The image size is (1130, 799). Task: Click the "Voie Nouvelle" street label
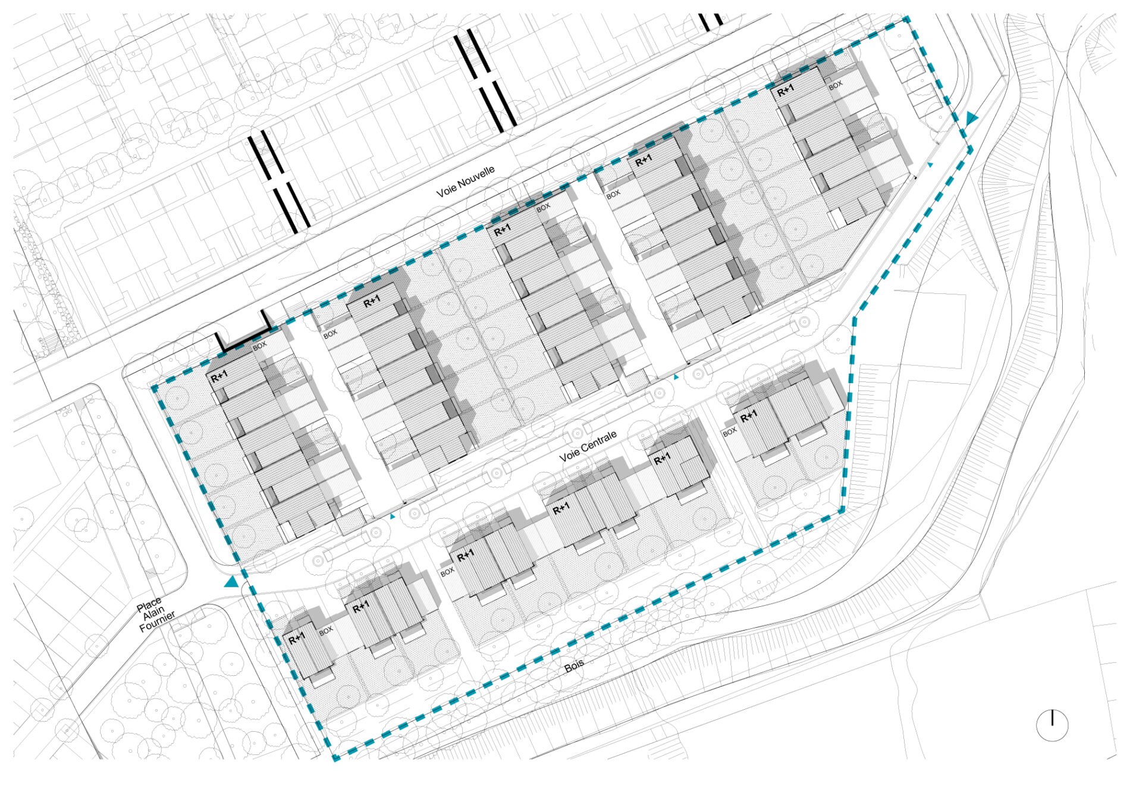click(x=465, y=182)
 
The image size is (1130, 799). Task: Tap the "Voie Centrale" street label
click(x=588, y=446)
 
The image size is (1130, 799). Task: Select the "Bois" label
click(x=574, y=666)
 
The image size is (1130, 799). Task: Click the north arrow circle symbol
click(x=1052, y=726)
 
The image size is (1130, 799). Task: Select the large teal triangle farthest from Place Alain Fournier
click(x=971, y=118)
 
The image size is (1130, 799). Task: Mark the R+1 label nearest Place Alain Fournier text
click(x=297, y=639)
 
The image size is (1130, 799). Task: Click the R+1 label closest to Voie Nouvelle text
click(x=503, y=230)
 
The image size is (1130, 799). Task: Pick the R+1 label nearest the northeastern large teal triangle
click(x=785, y=90)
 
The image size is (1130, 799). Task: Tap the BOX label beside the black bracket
click(x=260, y=345)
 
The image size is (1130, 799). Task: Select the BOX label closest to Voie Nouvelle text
click(x=543, y=208)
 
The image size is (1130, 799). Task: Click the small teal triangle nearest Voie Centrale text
click(x=676, y=377)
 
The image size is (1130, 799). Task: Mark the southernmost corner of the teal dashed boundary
click(x=335, y=759)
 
